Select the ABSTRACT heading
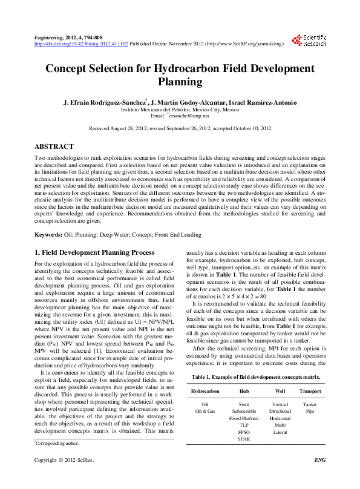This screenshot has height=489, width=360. click(x=54, y=146)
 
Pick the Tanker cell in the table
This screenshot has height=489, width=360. click(x=310, y=403)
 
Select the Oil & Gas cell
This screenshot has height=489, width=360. click(x=205, y=410)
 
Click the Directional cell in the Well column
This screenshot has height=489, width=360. click(x=280, y=410)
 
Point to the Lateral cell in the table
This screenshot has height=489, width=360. click(x=280, y=432)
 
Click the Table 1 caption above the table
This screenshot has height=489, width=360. click(x=256, y=376)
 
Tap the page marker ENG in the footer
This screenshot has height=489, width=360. click(x=321, y=477)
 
